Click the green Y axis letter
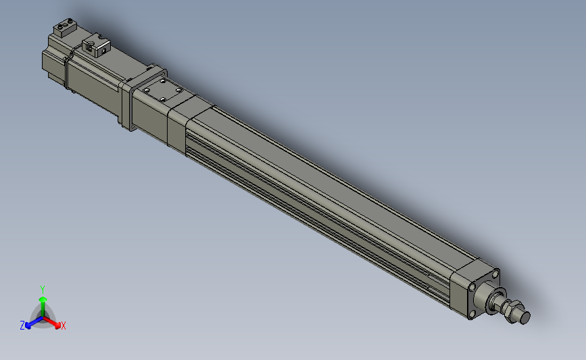(x=42, y=289)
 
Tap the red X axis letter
(x=63, y=326)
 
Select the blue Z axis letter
(x=22, y=326)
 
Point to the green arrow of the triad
(x=43, y=301)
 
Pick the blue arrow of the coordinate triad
(x=30, y=323)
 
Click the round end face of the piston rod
(x=525, y=317)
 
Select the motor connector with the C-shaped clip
(x=95, y=47)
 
